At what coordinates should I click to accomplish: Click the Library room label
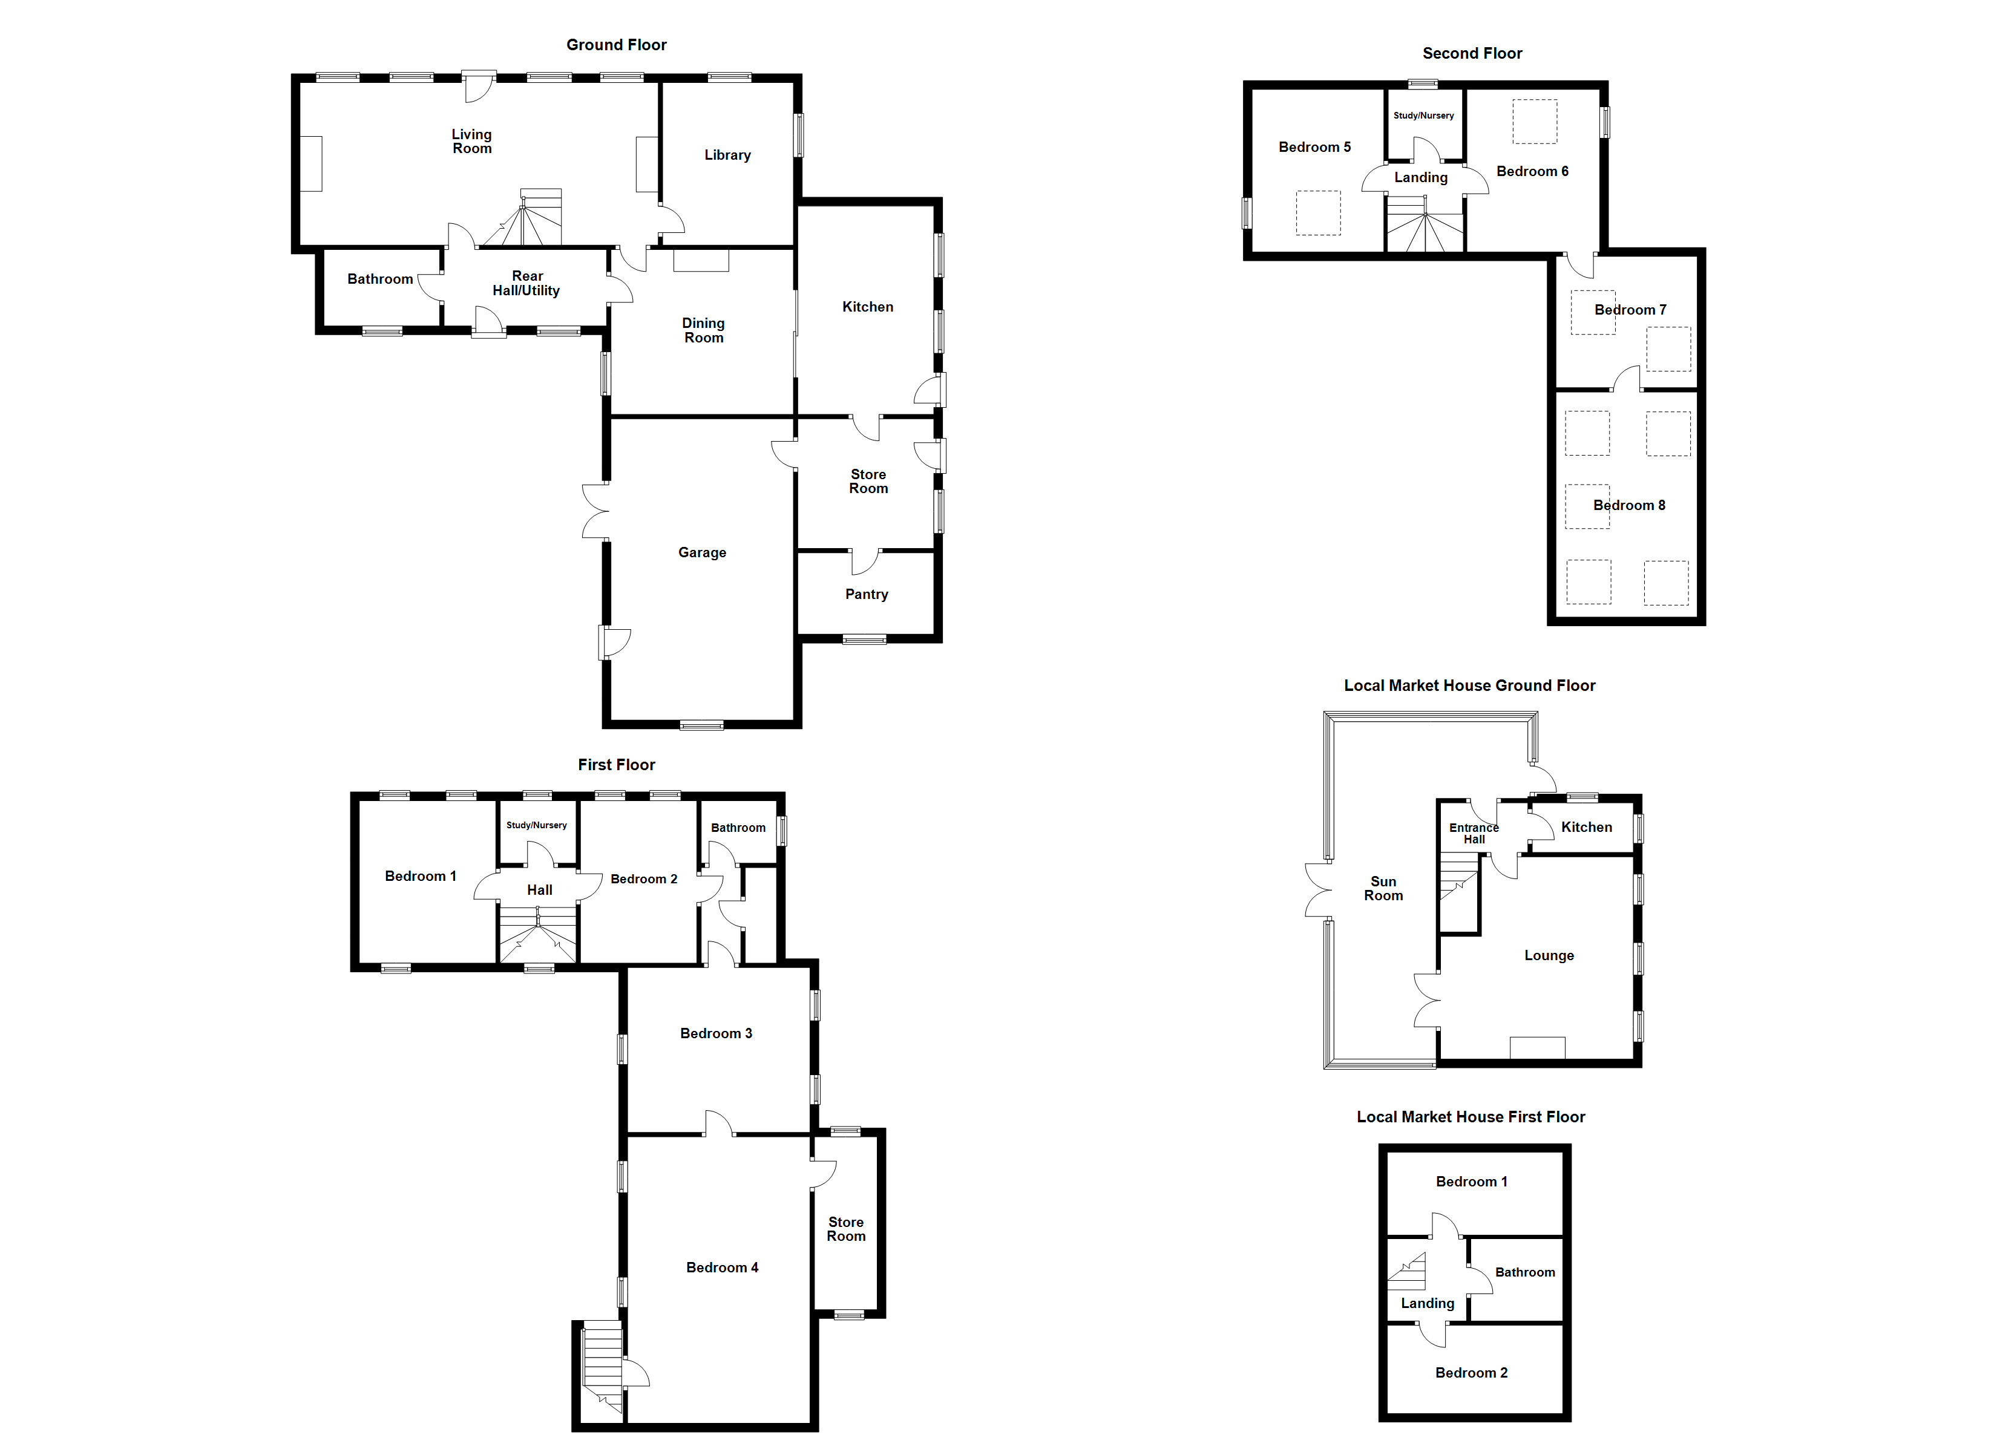click(727, 155)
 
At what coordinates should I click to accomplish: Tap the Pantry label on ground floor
click(867, 594)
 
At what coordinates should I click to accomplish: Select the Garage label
click(702, 553)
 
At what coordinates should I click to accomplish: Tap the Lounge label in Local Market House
click(1548, 955)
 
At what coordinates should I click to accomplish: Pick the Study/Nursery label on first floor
click(536, 825)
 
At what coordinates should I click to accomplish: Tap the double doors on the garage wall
click(595, 511)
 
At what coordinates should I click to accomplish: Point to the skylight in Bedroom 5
click(1317, 212)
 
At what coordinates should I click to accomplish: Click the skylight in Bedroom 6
click(1535, 122)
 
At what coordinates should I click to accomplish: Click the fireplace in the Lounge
click(1537, 1048)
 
